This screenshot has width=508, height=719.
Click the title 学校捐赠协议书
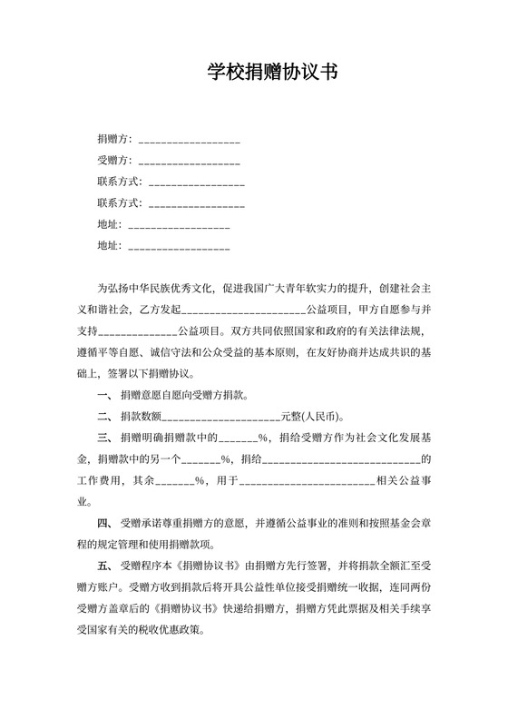click(x=272, y=73)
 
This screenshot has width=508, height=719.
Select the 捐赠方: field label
click(x=114, y=139)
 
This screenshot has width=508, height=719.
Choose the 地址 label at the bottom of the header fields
click(x=109, y=245)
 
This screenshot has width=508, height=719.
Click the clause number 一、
click(x=103, y=395)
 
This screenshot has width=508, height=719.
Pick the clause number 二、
click(x=103, y=417)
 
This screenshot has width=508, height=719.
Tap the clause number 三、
click(x=103, y=438)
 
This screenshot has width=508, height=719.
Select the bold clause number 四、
click(x=103, y=524)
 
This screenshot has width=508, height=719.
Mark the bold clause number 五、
click(x=103, y=566)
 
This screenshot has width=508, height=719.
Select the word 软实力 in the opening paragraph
click(x=316, y=290)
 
